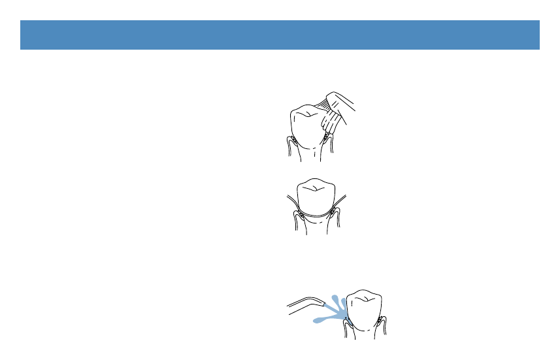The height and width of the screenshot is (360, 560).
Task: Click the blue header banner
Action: [280, 35]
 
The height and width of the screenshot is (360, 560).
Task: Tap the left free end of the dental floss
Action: [289, 197]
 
